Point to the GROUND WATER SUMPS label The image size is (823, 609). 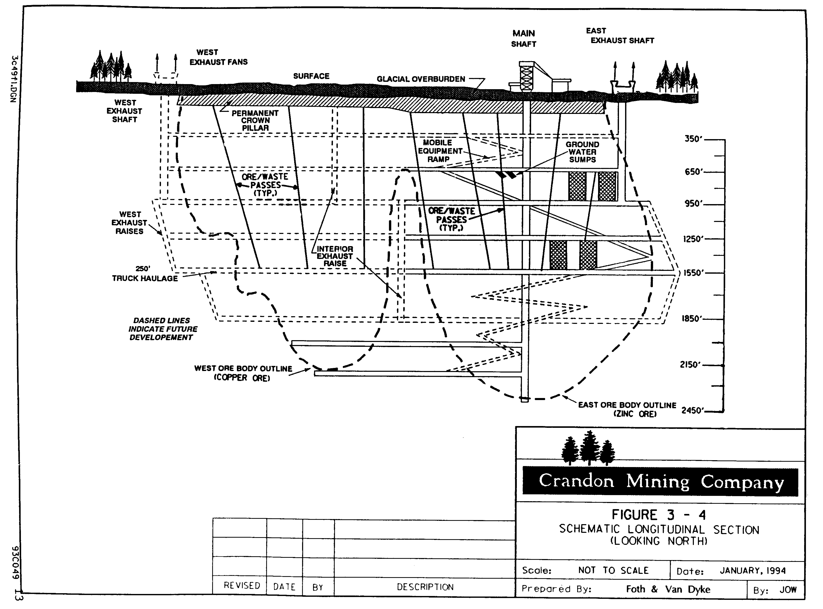pos(582,152)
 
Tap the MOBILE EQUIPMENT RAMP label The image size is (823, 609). pos(439,151)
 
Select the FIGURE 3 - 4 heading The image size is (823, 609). pos(659,515)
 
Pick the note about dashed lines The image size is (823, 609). pos(162,329)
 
